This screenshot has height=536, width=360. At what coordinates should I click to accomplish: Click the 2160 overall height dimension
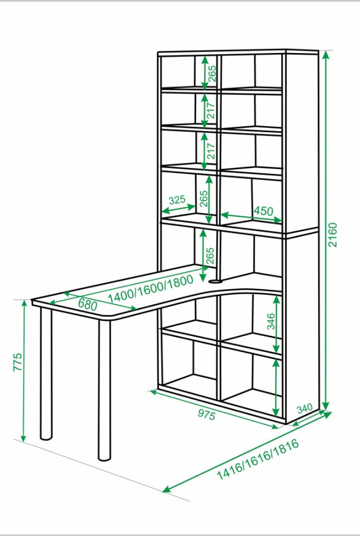click(x=332, y=235)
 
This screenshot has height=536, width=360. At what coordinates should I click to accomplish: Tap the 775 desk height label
click(x=17, y=362)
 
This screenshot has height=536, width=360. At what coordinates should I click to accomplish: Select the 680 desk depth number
click(x=88, y=304)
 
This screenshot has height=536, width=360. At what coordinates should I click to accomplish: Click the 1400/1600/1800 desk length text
click(x=151, y=289)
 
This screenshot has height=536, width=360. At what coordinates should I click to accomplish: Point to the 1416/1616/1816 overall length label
click(x=258, y=459)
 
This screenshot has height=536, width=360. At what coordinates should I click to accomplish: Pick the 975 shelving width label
click(x=207, y=415)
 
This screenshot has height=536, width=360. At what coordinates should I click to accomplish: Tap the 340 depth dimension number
click(x=304, y=408)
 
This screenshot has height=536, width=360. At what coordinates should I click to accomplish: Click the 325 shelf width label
click(x=177, y=200)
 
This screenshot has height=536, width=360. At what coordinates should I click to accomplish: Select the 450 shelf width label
click(x=263, y=211)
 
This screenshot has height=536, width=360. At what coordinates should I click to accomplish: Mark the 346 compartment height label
click(x=271, y=322)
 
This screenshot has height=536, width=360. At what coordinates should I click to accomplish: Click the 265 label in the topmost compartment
click(x=212, y=73)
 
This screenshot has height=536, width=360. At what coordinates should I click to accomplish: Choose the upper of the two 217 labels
click(x=211, y=111)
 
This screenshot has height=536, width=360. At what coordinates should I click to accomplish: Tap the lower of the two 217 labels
click(x=211, y=151)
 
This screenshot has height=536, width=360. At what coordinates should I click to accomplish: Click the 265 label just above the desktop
click(x=210, y=255)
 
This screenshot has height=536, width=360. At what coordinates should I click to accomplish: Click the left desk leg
click(x=46, y=373)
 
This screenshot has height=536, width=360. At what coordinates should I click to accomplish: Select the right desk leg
click(x=104, y=390)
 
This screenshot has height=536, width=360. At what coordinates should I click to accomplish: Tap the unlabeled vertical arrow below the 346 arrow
click(x=276, y=387)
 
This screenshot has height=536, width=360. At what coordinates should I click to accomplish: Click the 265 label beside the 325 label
click(x=204, y=198)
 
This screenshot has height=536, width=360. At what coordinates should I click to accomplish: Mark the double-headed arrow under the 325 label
click(x=178, y=208)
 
